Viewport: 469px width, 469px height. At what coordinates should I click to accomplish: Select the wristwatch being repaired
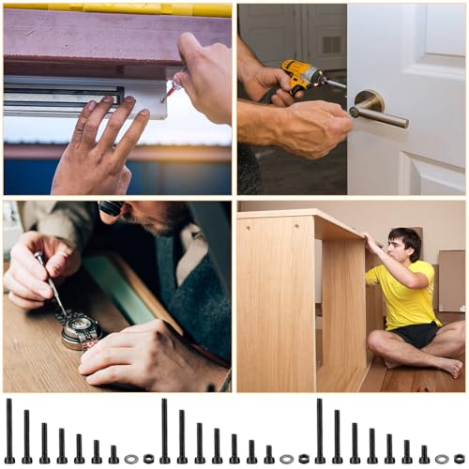pos(83,329)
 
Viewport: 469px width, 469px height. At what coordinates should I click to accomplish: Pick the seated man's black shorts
pos(416,333)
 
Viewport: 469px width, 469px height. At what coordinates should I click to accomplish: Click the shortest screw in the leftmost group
pos(113,454)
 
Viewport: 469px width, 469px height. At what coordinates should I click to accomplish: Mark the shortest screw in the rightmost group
pos(424,454)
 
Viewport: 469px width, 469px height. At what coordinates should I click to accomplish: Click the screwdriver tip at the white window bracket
pos(166,95)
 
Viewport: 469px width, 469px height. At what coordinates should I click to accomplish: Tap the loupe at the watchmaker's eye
pos(111,208)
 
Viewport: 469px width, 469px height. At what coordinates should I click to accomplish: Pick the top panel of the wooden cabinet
pos(300,221)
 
